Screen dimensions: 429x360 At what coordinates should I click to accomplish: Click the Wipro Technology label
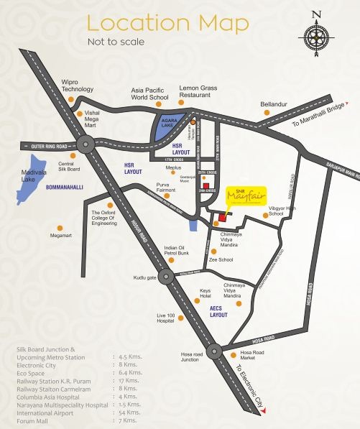click(x=78, y=86)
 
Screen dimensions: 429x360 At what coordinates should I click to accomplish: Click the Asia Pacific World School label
click(x=149, y=95)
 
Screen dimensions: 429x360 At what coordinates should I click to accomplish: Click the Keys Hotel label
click(x=205, y=293)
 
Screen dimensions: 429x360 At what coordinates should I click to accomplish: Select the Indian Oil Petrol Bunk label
click(x=176, y=250)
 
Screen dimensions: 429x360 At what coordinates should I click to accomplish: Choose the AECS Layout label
click(x=218, y=312)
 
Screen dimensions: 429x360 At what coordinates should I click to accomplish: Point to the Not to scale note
click(x=116, y=42)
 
